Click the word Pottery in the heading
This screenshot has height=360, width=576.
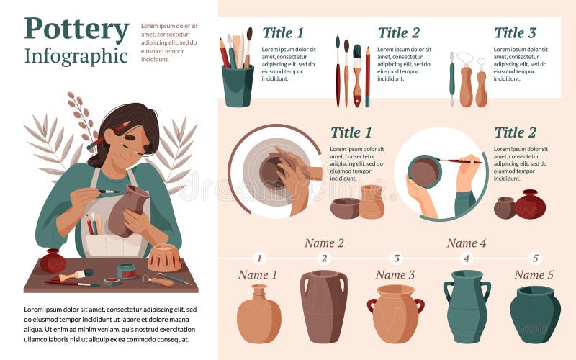tap(76, 30)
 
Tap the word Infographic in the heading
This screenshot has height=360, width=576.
tap(76, 55)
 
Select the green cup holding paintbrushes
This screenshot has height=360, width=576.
tap(238, 85)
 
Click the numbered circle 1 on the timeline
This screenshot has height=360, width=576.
tap(260, 258)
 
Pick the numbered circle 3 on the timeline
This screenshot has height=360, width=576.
tap(395, 258)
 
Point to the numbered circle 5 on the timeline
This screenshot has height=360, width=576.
tap(534, 258)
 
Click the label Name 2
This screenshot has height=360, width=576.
tap(324, 243)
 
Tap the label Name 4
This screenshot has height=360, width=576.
tap(466, 243)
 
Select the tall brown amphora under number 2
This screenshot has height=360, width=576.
tap(324, 306)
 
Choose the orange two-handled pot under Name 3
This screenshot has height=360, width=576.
tap(395, 313)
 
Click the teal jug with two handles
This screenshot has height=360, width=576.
tap(467, 306)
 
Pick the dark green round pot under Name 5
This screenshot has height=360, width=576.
tap(535, 315)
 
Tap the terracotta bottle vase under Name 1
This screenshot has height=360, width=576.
tap(258, 315)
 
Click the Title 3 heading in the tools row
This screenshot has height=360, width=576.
tap(515, 32)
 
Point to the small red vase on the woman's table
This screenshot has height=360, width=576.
tap(53, 261)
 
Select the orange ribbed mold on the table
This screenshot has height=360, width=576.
tap(163, 257)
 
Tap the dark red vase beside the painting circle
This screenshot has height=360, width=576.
tap(530, 205)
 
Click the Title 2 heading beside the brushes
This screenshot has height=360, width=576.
tap(398, 32)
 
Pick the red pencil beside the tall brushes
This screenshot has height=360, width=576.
tap(367, 76)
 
